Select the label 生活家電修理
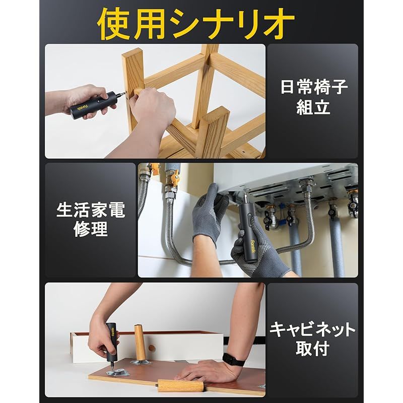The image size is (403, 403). tap(90, 220)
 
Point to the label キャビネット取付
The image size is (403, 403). tap(312, 339)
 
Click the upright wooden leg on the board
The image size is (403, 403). tap(139, 342)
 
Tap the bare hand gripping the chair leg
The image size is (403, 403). tap(151, 111)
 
